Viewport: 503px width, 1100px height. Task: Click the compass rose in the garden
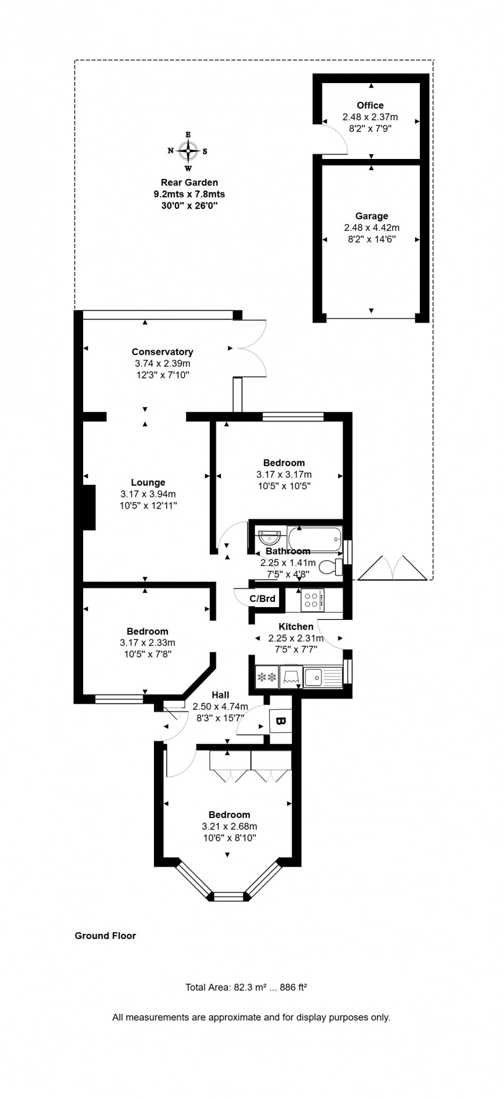188,151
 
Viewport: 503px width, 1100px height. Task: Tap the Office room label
370,105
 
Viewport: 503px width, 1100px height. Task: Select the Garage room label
372,216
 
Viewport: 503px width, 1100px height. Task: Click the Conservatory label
162,351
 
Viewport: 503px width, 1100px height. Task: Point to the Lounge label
148,482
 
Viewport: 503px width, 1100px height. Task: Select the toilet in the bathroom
331,567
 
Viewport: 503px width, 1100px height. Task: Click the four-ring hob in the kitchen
311,599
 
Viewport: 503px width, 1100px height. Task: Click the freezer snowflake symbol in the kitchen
266,677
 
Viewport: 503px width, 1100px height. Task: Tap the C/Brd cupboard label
262,598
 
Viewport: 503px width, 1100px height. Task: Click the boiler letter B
280,721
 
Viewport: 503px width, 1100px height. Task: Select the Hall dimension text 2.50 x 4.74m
220,706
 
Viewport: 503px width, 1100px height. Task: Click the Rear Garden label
189,182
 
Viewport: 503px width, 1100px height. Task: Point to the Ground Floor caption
105,935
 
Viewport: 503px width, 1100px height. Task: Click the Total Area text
246,987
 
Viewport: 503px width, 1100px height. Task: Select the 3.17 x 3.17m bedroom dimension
284,474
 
